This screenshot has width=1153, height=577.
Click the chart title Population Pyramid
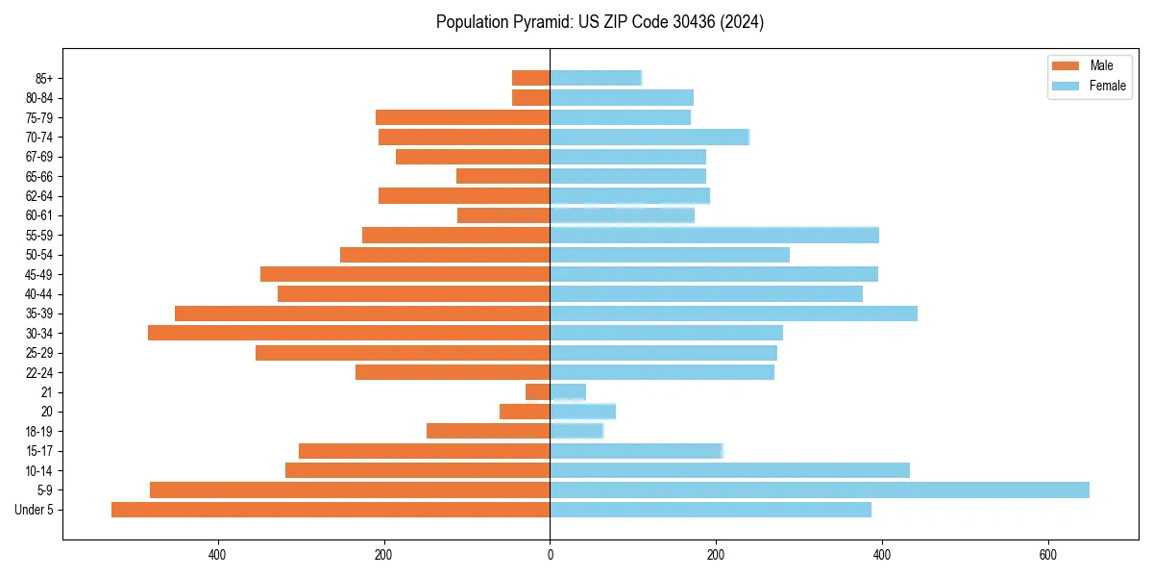tap(600, 22)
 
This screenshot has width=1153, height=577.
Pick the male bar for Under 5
tap(331, 510)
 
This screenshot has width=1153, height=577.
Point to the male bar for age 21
tap(538, 392)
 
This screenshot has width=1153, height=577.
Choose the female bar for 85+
tap(596, 78)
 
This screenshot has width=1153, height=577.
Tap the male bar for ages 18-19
tap(488, 431)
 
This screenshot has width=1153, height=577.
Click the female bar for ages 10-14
tap(729, 470)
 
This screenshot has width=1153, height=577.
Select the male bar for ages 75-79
tap(463, 117)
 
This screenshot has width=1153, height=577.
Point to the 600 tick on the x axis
tap(1047, 555)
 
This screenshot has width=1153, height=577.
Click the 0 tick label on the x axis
tap(550, 555)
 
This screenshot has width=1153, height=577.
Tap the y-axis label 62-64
tap(39, 196)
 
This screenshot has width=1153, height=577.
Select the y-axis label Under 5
tap(35, 510)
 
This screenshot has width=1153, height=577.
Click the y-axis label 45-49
tap(39, 274)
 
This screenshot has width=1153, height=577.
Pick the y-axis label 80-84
tap(39, 98)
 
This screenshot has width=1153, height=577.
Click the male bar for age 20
tap(525, 412)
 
